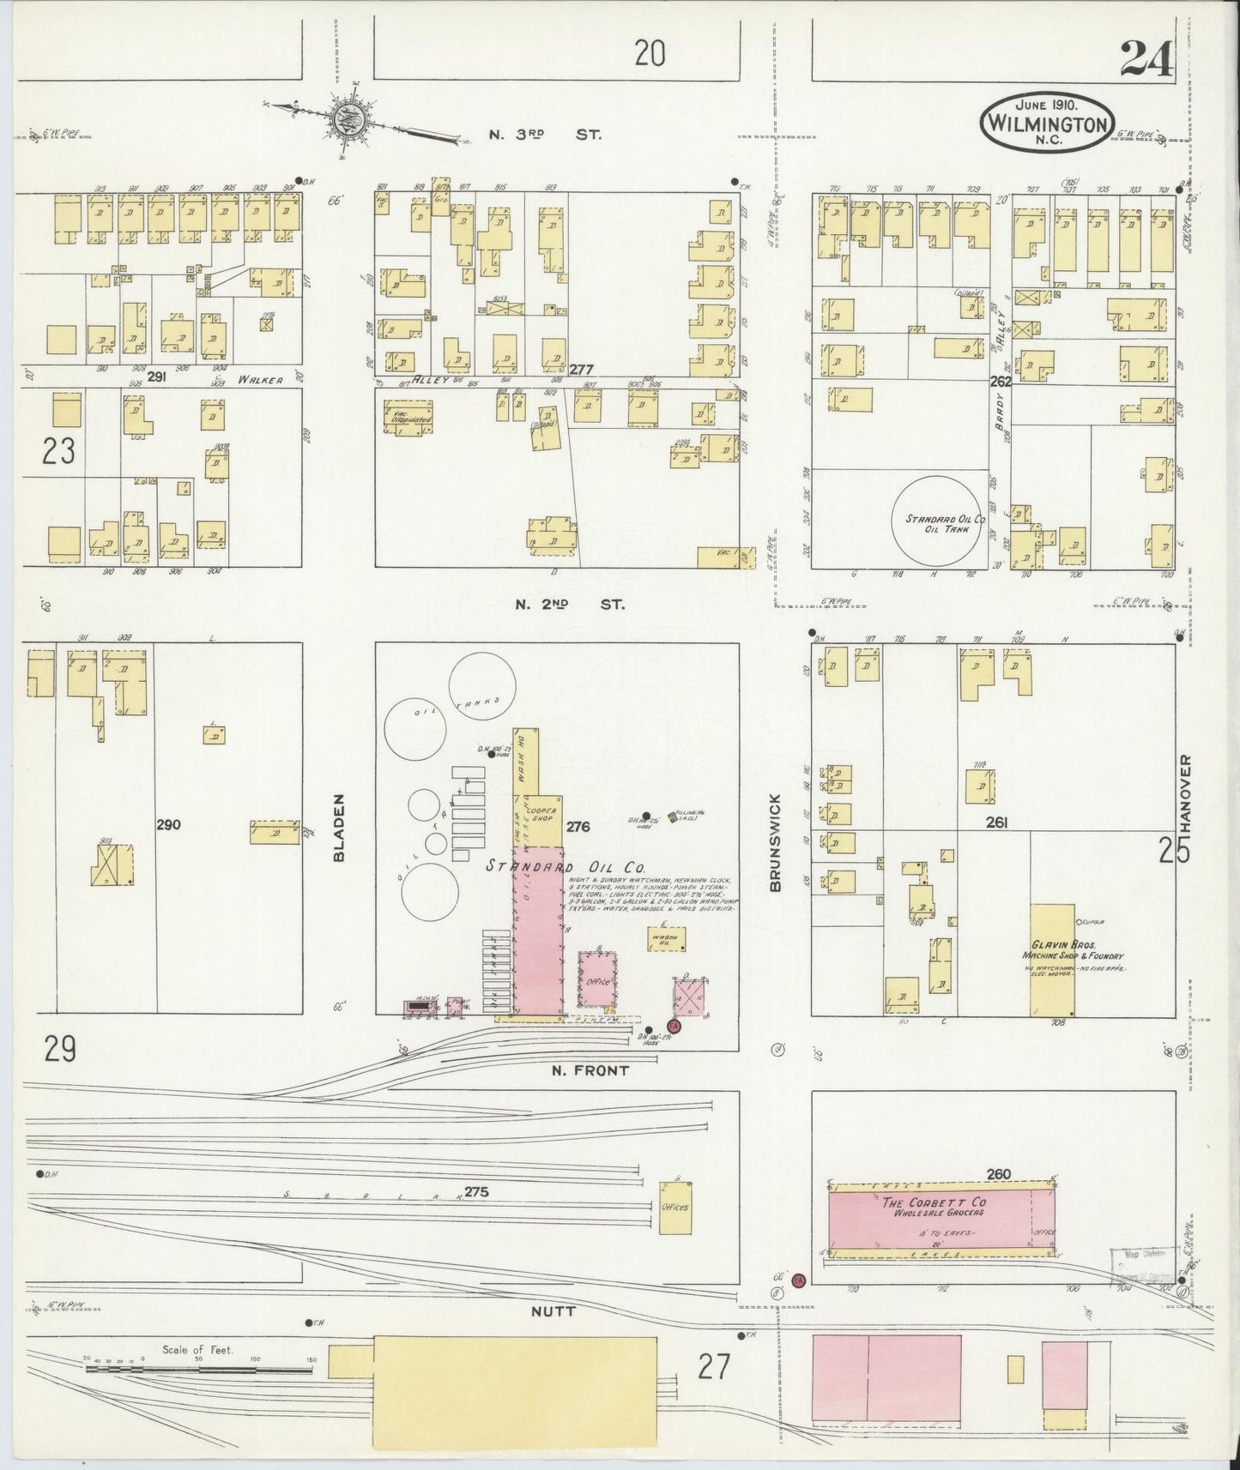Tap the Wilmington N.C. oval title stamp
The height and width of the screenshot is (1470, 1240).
(x=1048, y=123)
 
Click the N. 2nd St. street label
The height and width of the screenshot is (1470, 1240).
(x=569, y=604)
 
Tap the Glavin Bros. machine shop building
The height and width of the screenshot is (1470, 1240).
(x=1052, y=960)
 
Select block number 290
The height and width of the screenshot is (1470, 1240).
(x=168, y=825)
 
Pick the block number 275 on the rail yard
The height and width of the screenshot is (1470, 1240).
(x=475, y=1191)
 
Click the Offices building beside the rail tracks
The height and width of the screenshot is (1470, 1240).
(x=675, y=1208)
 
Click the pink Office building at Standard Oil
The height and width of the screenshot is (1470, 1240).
(x=598, y=979)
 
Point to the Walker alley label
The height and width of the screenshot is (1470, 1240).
(x=261, y=379)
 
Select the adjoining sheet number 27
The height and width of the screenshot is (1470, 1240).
(x=714, y=1365)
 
